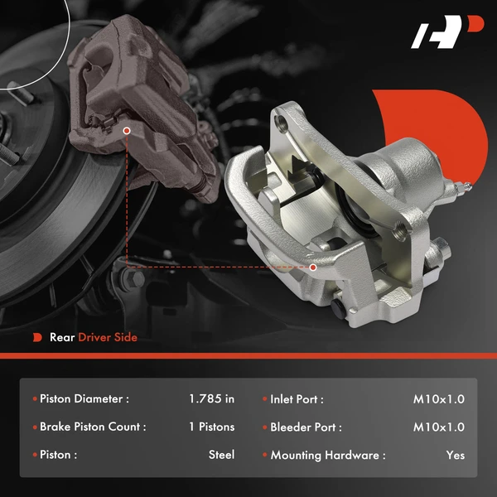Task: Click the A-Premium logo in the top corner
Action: click(447, 34)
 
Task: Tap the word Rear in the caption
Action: click(62, 337)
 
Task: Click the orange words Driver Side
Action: click(108, 337)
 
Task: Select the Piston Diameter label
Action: click(84, 399)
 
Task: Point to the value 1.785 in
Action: click(211, 399)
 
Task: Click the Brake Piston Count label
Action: click(93, 427)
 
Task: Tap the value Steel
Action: click(221, 455)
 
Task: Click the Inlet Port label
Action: click(297, 399)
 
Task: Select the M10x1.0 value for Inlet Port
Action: click(439, 399)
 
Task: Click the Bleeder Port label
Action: click(306, 427)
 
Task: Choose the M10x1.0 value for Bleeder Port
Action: click(439, 427)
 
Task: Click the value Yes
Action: click(455, 455)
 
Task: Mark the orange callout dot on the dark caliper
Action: click(126, 130)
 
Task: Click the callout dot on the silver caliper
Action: click(313, 267)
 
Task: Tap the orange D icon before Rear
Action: click(36, 337)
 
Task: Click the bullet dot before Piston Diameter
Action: click(34, 399)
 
